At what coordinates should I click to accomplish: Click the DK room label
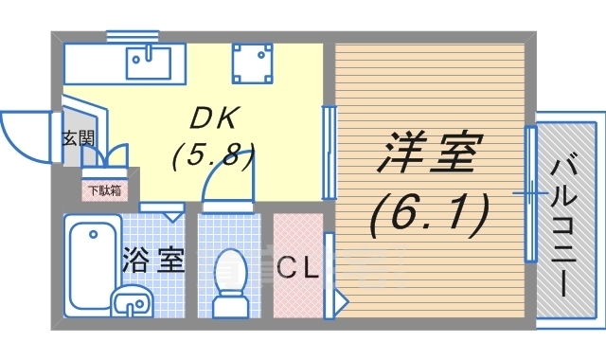pos(218,117)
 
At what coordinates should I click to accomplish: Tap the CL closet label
pos(297,268)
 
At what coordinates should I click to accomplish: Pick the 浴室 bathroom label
pos(152,261)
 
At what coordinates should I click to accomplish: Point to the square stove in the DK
pos(253,63)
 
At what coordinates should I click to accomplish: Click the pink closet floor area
pos(297,294)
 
